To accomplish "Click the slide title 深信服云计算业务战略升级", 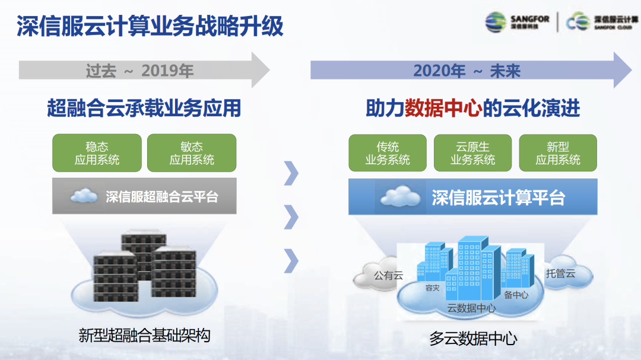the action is pyautogui.click(x=150, y=26).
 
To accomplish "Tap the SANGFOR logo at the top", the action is pyautogui.click(x=517, y=22).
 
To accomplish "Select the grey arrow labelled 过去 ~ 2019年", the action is pyautogui.click(x=144, y=70).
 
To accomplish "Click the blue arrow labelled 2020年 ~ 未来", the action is pyautogui.click(x=471, y=70).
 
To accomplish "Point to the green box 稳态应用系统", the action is pyautogui.click(x=97, y=153).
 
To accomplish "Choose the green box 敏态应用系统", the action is pyautogui.click(x=192, y=153).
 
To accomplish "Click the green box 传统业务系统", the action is pyautogui.click(x=388, y=153).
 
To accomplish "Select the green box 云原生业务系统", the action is pyautogui.click(x=472, y=153).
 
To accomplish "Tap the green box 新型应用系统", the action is pyautogui.click(x=558, y=153).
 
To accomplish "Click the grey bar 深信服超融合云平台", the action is pyautogui.click(x=144, y=196).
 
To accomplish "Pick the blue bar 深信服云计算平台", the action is pyautogui.click(x=473, y=196).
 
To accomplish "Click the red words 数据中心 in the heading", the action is pyautogui.click(x=443, y=109).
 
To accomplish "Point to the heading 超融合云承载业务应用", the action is pyautogui.click(x=144, y=109).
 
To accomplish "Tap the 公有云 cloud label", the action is pyautogui.click(x=388, y=275).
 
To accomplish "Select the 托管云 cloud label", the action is pyautogui.click(x=560, y=273).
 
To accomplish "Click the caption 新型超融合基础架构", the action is pyautogui.click(x=144, y=336).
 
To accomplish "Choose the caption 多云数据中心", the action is pyautogui.click(x=473, y=339).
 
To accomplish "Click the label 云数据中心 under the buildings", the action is pyautogui.click(x=471, y=308).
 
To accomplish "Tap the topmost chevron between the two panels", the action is pyautogui.click(x=291, y=173).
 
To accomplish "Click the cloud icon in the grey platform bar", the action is pyautogui.click(x=84, y=196).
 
